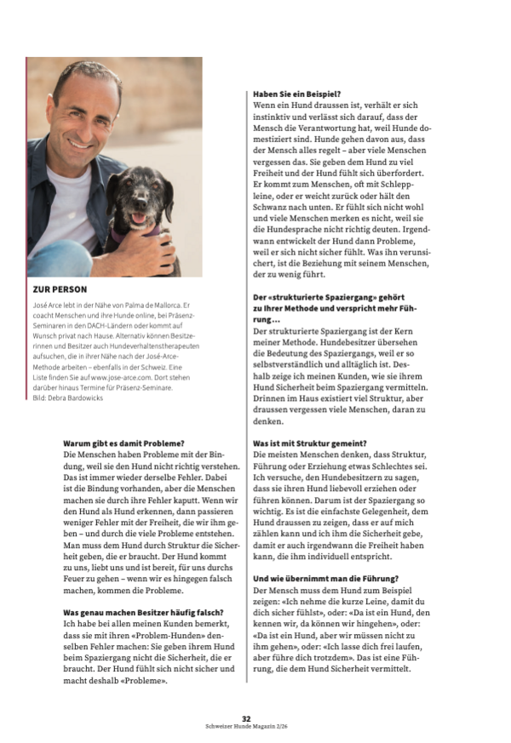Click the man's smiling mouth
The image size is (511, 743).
tap(81, 143)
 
